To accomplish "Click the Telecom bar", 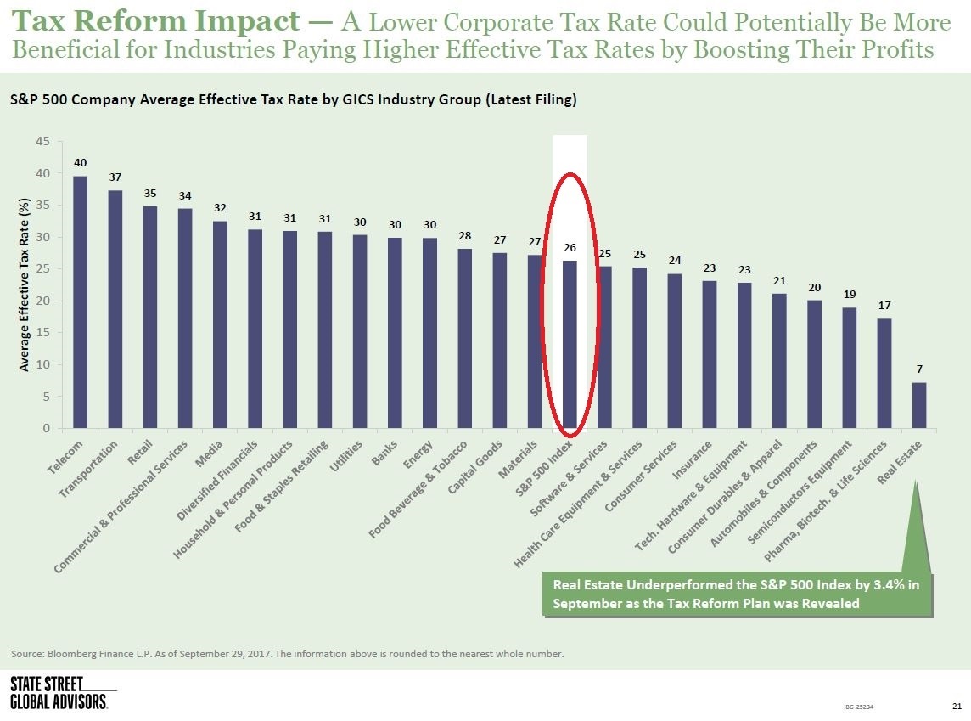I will [x=81, y=301].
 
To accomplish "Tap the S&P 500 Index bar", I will [x=570, y=344].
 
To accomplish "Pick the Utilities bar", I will [x=360, y=331].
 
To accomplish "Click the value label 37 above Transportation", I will [x=115, y=177].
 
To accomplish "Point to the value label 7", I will [x=919, y=369].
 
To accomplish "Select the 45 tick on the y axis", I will [x=42, y=142].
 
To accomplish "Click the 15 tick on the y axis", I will [x=42, y=333].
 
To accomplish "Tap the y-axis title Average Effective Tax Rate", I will [x=25, y=291].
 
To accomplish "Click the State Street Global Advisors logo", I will [x=59, y=693].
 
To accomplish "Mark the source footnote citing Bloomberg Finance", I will [x=287, y=654].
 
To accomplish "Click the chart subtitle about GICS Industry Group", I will [x=294, y=99].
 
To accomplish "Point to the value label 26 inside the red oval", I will [x=570, y=247].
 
